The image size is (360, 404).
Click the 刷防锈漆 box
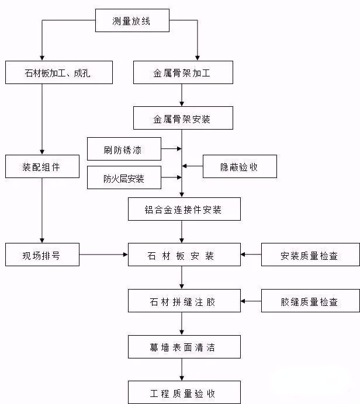(x=123, y=149)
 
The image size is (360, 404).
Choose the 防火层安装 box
(x=123, y=179)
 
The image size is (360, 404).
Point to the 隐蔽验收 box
(x=240, y=167)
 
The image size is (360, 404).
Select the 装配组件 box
(x=41, y=167)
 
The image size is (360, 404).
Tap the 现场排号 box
(x=41, y=255)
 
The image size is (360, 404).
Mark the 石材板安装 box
(x=184, y=255)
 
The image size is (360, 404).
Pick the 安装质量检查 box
(x=309, y=255)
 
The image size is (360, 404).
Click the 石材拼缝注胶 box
(x=184, y=301)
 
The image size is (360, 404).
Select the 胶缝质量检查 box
(x=309, y=301)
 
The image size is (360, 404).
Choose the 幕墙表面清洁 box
(x=184, y=347)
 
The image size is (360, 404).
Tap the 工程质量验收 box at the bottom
(x=184, y=393)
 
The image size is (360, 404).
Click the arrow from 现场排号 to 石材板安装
(x=103, y=255)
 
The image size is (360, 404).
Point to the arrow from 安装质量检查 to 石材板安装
(x=250, y=255)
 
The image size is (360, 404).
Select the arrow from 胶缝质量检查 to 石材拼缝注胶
(x=250, y=301)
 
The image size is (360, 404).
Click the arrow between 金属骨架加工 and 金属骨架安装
(x=183, y=95)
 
